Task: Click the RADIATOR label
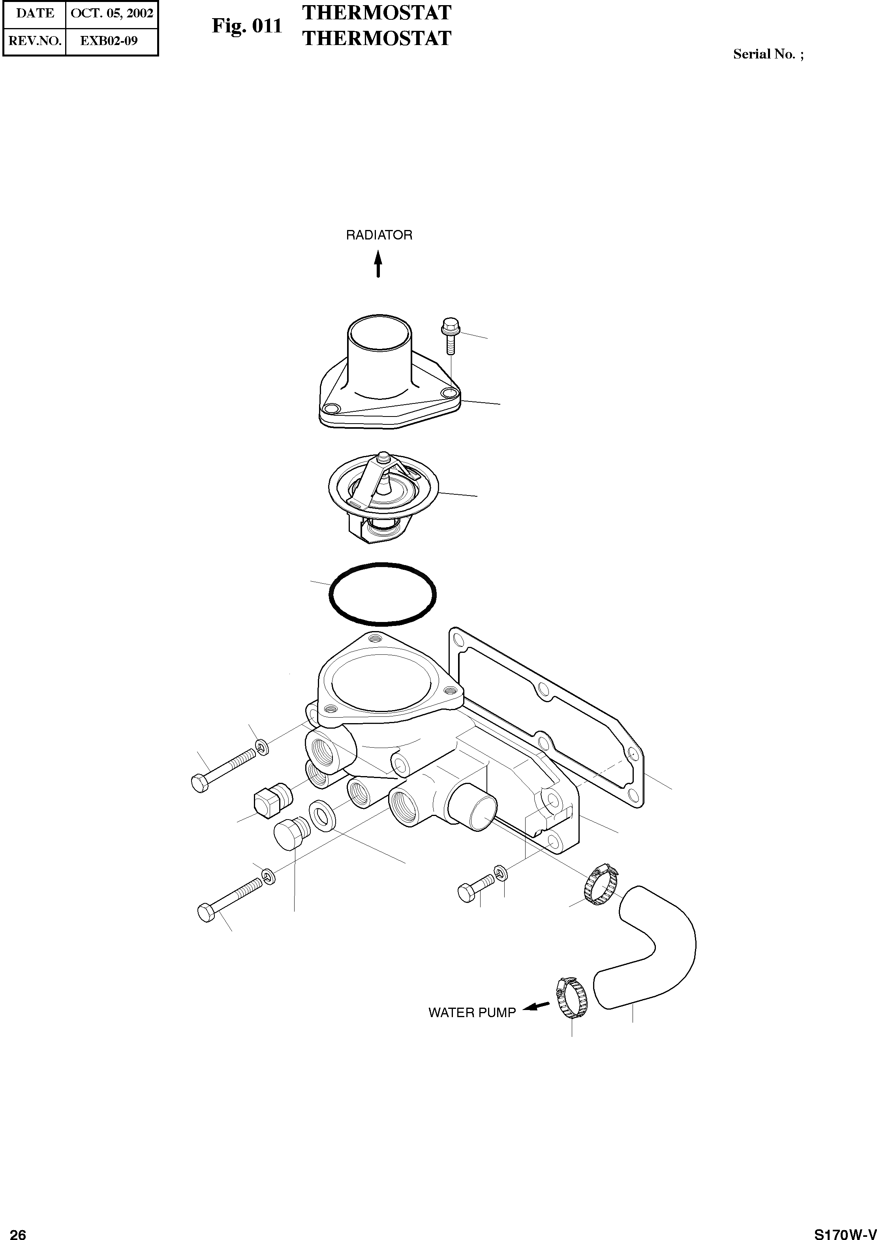tap(379, 235)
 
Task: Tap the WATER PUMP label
tap(472, 1012)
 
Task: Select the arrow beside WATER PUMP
tap(536, 1006)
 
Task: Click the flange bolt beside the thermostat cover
tap(450, 335)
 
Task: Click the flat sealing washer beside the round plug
tap(322, 816)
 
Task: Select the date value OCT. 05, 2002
tap(112, 13)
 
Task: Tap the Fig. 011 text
tap(247, 26)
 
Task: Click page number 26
tap(18, 1231)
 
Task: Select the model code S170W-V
tap(845, 1231)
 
